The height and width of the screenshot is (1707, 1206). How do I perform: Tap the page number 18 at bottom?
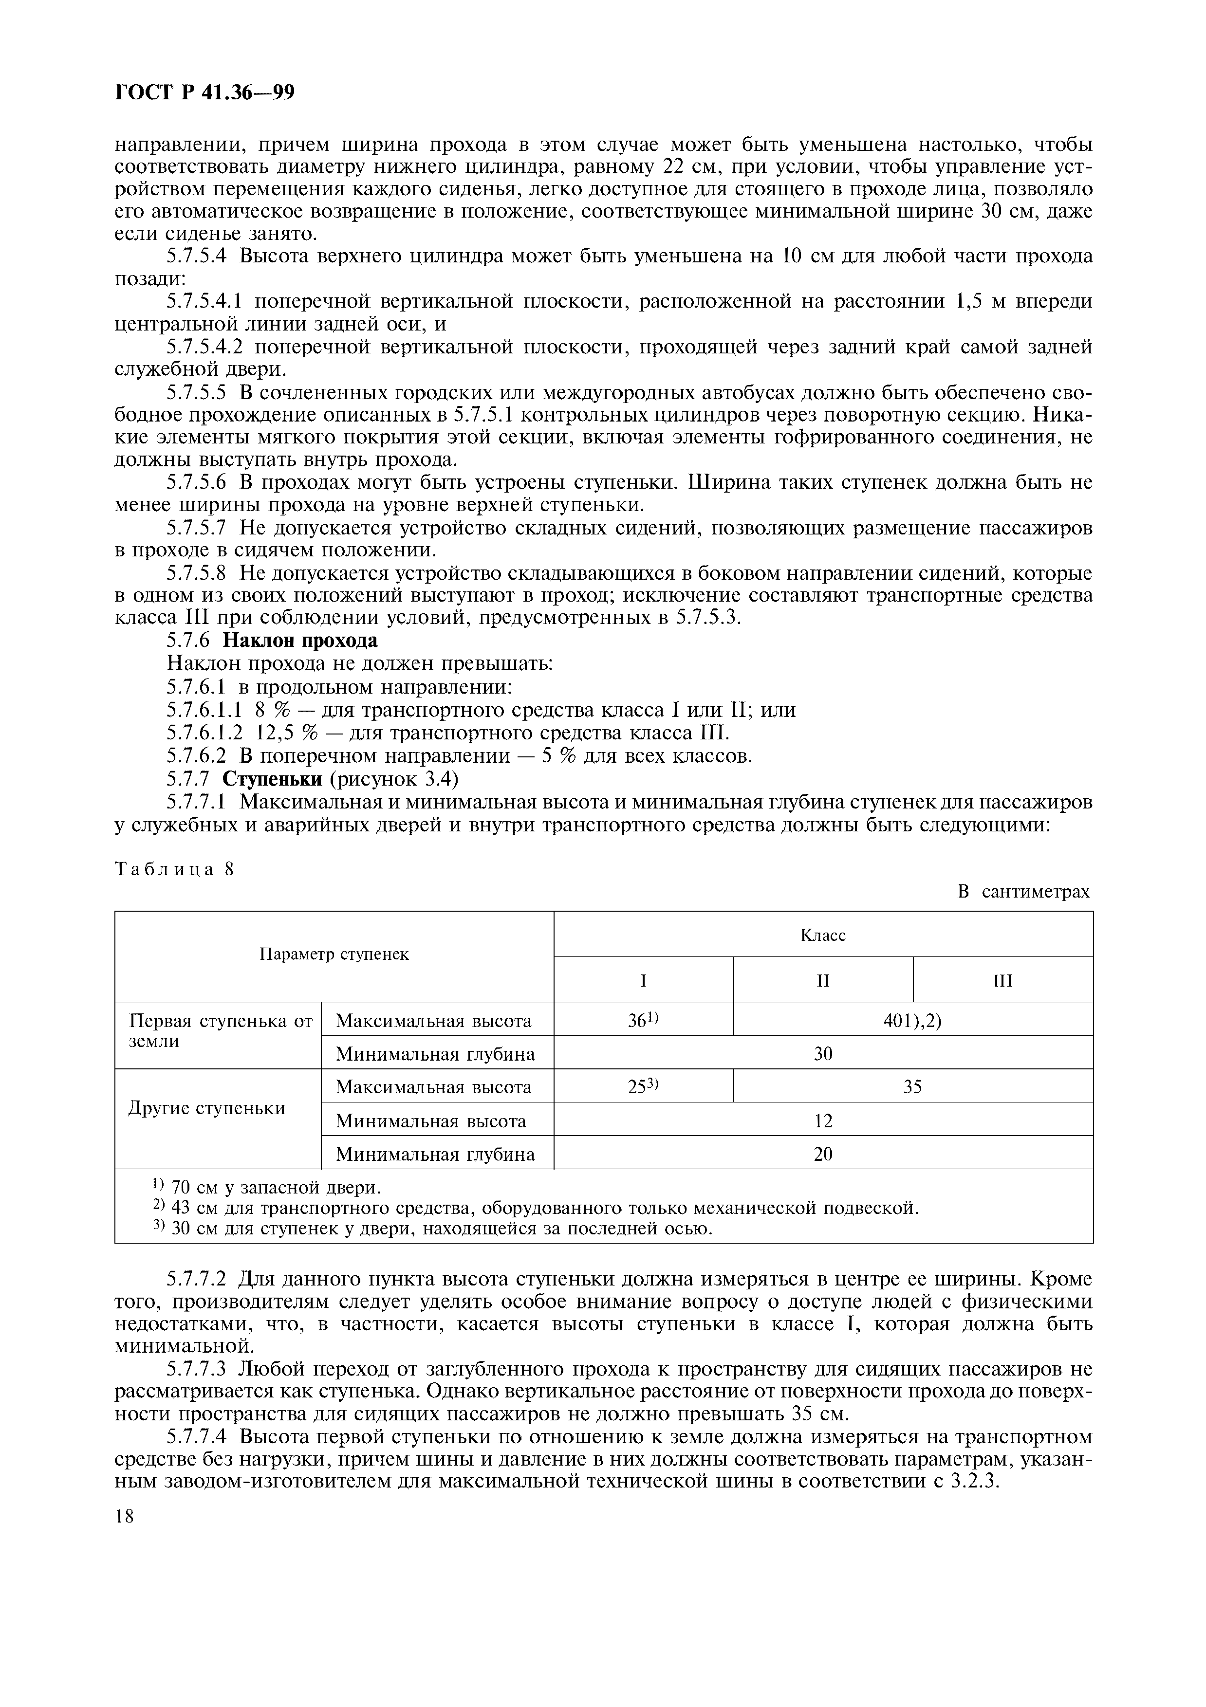[x=125, y=1517]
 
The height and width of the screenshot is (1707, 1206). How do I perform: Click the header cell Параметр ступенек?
[x=334, y=954]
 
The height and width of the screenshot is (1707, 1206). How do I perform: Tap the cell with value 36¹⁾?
[x=643, y=1021]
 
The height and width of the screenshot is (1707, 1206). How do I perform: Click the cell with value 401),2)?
[x=912, y=1021]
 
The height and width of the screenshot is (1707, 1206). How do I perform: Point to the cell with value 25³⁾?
[x=643, y=1087]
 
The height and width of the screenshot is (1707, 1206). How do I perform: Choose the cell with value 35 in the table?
[x=912, y=1087]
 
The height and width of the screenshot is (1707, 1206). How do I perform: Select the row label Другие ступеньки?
[x=207, y=1108]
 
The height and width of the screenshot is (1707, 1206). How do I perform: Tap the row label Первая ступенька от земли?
[x=220, y=1030]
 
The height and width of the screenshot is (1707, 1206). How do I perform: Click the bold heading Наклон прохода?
[x=300, y=640]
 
